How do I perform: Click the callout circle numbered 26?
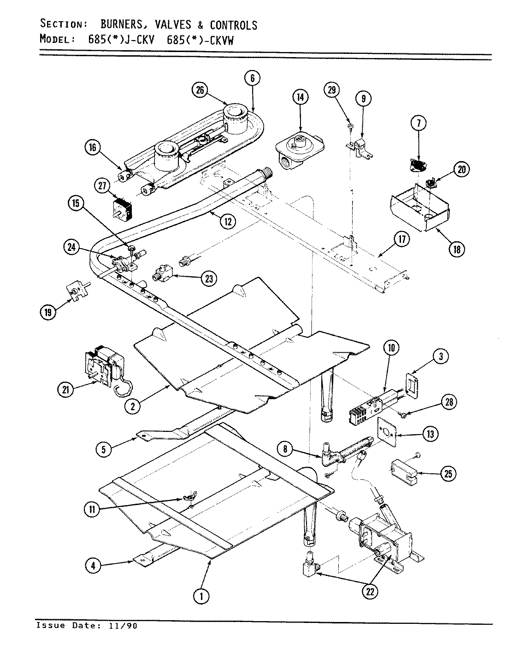click(x=200, y=90)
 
